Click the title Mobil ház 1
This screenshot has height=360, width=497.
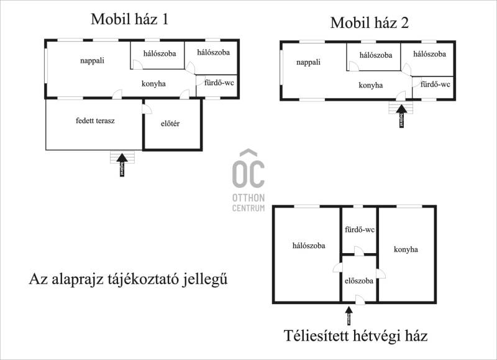(130, 19)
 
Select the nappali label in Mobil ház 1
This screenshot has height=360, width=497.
(91, 60)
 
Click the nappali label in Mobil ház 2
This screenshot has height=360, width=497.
(308, 62)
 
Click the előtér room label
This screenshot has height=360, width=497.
(170, 124)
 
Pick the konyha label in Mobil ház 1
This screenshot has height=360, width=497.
(153, 84)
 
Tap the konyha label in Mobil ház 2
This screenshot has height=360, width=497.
(371, 86)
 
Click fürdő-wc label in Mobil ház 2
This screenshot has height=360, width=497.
(435, 84)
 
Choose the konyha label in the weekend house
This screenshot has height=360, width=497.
(406, 249)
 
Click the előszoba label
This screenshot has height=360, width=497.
(359, 280)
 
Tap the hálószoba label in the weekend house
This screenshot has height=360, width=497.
(309, 245)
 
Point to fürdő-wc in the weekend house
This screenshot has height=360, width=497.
(360, 229)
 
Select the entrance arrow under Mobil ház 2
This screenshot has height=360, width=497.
(401, 116)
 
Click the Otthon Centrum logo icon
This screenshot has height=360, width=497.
(248, 169)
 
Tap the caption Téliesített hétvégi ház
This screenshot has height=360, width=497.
(355, 337)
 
